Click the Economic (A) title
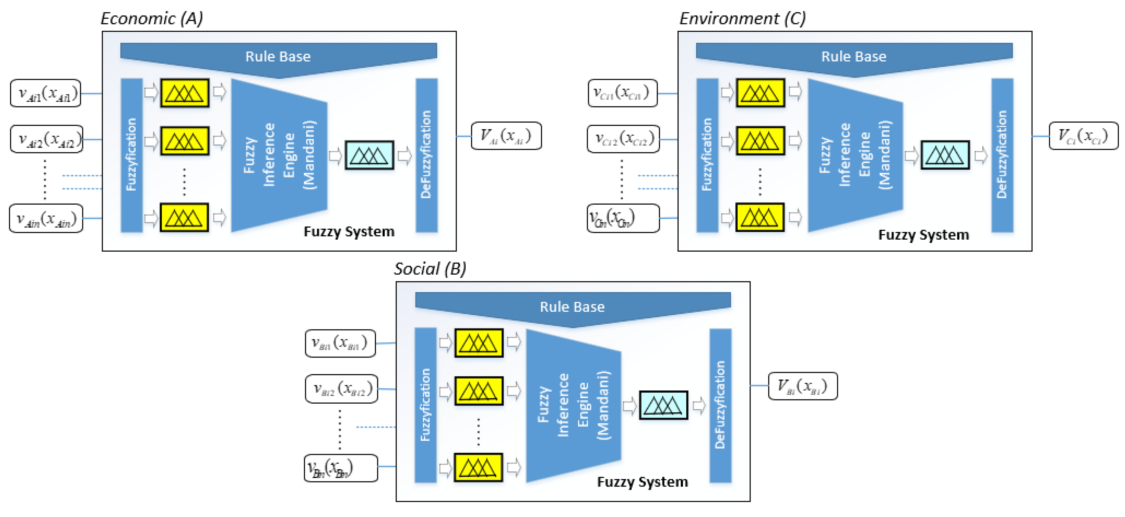[152, 18]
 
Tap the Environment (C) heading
[742, 18]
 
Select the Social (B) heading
[430, 269]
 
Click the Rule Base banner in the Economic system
[278, 57]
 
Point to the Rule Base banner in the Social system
[572, 307]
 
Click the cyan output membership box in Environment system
[945, 155]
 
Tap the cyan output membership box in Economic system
[369, 155]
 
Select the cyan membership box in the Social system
[663, 405]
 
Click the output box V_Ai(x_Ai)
[506, 136]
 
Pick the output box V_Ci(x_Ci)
[1083, 136]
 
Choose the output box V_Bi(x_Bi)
[803, 386]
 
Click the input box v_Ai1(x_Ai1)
[46, 93]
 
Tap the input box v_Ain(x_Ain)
[46, 218]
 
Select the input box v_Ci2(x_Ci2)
[623, 139]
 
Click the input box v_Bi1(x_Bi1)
[340, 343]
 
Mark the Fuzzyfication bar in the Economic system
[131, 155]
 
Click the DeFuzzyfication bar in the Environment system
[1002, 155]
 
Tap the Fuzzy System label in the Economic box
[349, 232]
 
